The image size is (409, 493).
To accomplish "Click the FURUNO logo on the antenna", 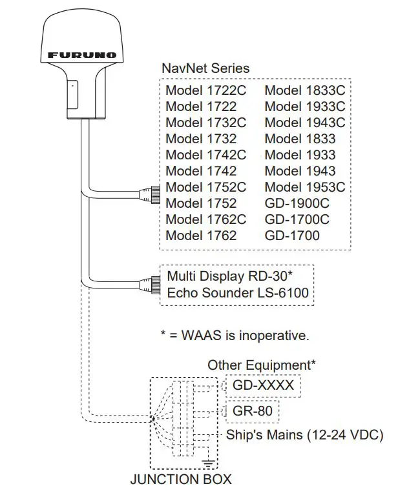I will pos(82,55).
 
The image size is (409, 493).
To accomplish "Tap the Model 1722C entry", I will pos(205,90).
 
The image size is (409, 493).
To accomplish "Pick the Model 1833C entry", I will pos(304,90).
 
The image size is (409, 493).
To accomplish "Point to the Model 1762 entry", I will pos(201,236).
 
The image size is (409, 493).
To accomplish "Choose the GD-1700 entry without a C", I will pos(292,236).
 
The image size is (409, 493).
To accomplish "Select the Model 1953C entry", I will pos(304,187).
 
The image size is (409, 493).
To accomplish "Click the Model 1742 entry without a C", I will pos(201,171).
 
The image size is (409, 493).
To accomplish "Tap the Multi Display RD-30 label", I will pos(230,276).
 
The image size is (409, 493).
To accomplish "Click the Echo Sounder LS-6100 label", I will pos(237,293).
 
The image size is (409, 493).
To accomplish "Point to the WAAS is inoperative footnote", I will pos(235,336).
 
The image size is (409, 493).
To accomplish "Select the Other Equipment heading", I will pos(261,365).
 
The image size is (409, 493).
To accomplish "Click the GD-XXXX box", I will pos(262,386).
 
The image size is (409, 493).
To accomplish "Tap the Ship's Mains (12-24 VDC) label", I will pos(304,435).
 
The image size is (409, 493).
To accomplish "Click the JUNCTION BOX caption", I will pos(181,479).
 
